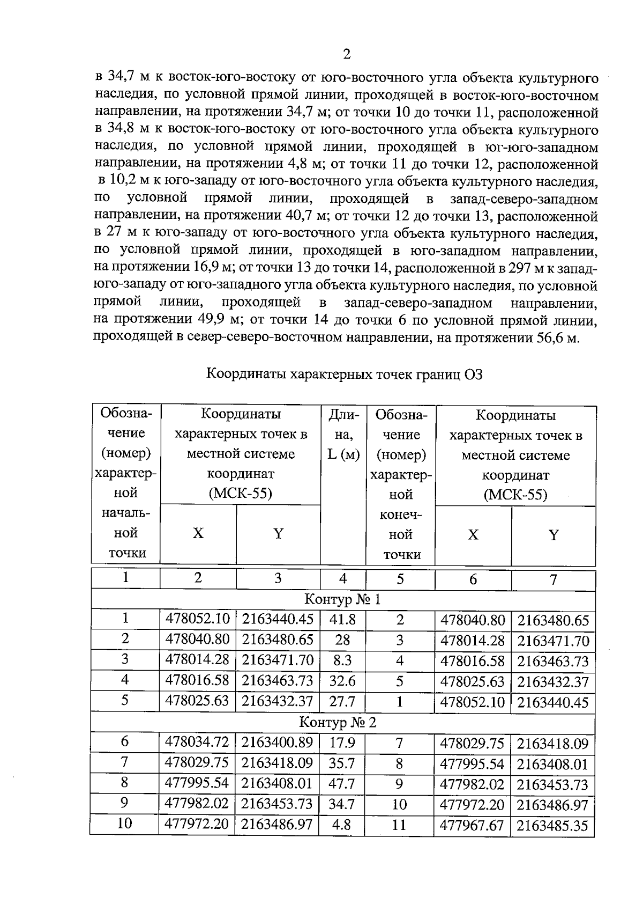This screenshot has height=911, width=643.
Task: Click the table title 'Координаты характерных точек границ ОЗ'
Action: [x=345, y=374]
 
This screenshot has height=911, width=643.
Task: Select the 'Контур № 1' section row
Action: [x=343, y=599]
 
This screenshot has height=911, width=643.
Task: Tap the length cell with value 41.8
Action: [x=342, y=620]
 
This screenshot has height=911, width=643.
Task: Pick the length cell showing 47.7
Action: [x=341, y=784]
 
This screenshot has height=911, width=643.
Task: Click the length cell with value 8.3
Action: [x=342, y=661]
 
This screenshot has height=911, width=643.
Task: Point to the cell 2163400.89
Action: [x=277, y=743]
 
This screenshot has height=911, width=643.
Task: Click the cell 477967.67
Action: [x=472, y=825]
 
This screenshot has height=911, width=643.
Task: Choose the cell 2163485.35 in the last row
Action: [x=552, y=825]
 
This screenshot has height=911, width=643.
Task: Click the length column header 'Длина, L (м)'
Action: [x=343, y=435]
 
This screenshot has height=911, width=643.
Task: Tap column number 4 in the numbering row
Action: [x=343, y=579]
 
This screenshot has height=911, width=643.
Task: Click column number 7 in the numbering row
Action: [x=554, y=580]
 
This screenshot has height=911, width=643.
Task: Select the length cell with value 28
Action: [x=342, y=641]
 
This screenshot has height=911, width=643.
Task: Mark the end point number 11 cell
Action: [x=399, y=825]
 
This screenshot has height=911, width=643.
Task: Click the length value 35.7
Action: [x=341, y=763]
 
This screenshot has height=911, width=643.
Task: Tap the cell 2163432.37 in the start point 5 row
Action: [x=277, y=701]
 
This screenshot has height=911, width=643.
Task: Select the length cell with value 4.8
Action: [x=341, y=825]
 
